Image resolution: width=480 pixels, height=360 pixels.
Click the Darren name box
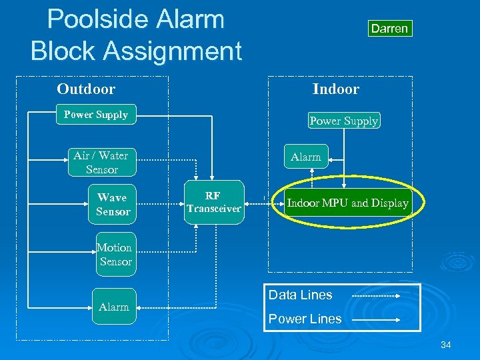389,29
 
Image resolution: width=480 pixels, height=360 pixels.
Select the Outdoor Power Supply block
96,115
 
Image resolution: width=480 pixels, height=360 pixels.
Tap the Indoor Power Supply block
344,121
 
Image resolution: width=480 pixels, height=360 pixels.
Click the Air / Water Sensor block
101,163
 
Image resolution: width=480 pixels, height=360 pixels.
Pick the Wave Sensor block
113,204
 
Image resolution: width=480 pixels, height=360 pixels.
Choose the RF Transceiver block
213,202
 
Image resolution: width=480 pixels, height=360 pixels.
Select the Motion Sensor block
115,254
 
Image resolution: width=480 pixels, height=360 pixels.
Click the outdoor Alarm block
114,307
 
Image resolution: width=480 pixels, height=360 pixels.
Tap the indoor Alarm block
306,157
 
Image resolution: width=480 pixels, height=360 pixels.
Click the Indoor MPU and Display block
347,203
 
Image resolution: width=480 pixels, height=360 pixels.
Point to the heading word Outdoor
86,89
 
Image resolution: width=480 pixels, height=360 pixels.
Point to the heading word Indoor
336,89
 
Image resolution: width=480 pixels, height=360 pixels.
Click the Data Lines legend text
300,295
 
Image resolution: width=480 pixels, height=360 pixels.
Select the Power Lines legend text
305,319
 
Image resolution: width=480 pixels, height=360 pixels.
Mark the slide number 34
445,345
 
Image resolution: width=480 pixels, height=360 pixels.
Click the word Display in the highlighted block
389,203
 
